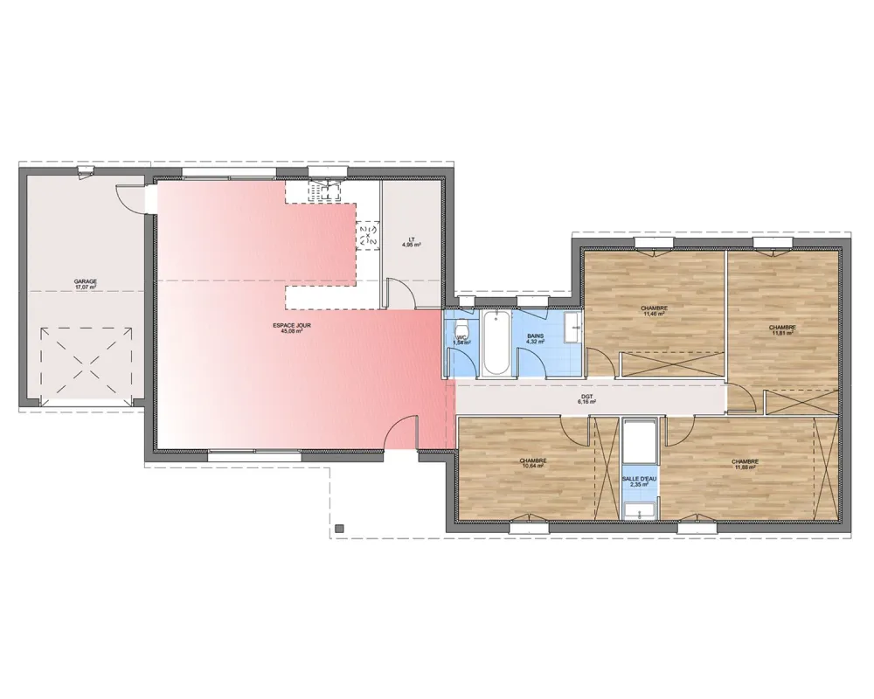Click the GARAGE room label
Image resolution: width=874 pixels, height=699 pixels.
point(85,281)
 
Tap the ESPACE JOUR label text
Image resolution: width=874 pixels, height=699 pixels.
point(291,325)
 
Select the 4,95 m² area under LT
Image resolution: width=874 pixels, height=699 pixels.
point(411,246)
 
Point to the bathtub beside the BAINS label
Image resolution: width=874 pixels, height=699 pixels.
point(495,343)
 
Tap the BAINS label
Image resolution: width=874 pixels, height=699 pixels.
point(535,335)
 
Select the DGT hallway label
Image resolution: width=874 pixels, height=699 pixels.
point(586,396)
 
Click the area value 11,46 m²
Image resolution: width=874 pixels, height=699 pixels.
point(654,314)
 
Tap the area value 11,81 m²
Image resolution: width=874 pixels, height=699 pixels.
point(782,333)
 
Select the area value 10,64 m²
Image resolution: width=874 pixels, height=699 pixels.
point(532,466)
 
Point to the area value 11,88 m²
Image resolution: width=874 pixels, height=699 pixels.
point(745,467)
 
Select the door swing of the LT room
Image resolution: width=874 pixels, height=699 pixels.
point(398,291)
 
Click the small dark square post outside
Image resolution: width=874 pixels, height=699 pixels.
point(340,528)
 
